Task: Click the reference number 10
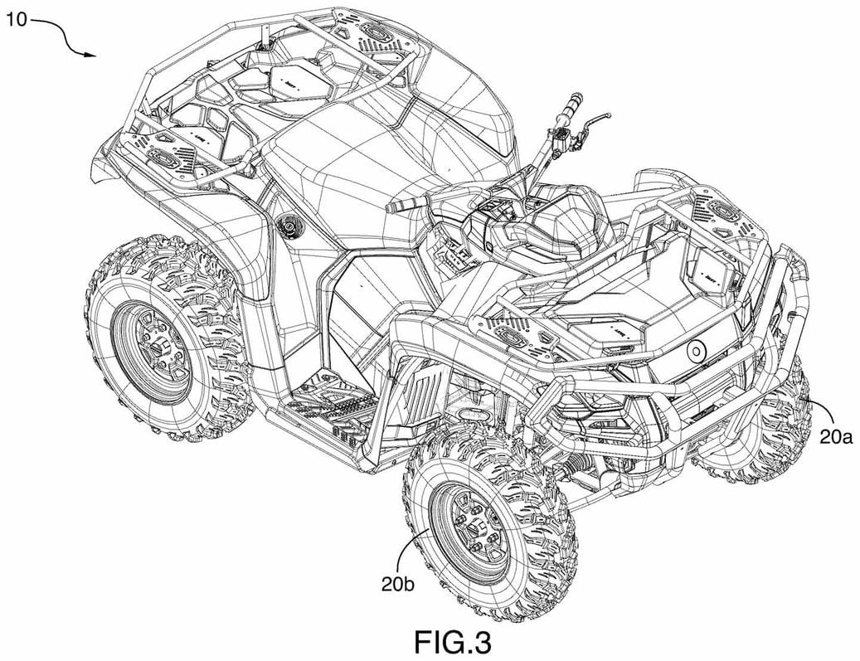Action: pos(17,20)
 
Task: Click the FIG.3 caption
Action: pos(453,641)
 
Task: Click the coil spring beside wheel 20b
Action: pos(571,470)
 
